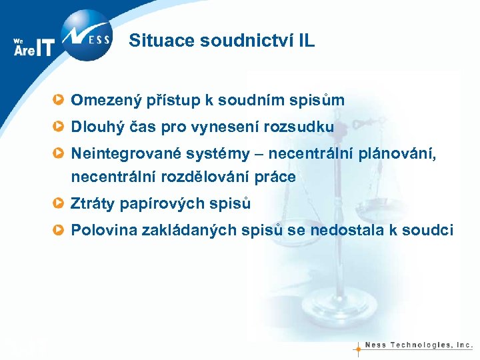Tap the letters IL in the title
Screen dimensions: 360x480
[305, 41]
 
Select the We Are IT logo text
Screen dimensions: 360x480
[33, 47]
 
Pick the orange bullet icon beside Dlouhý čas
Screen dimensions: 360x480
[60, 126]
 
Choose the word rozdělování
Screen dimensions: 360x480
[212, 178]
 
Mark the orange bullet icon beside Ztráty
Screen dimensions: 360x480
[60, 204]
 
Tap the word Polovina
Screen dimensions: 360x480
[103, 231]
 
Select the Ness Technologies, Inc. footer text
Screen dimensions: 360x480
[419, 345]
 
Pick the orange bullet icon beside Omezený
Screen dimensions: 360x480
[60, 101]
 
